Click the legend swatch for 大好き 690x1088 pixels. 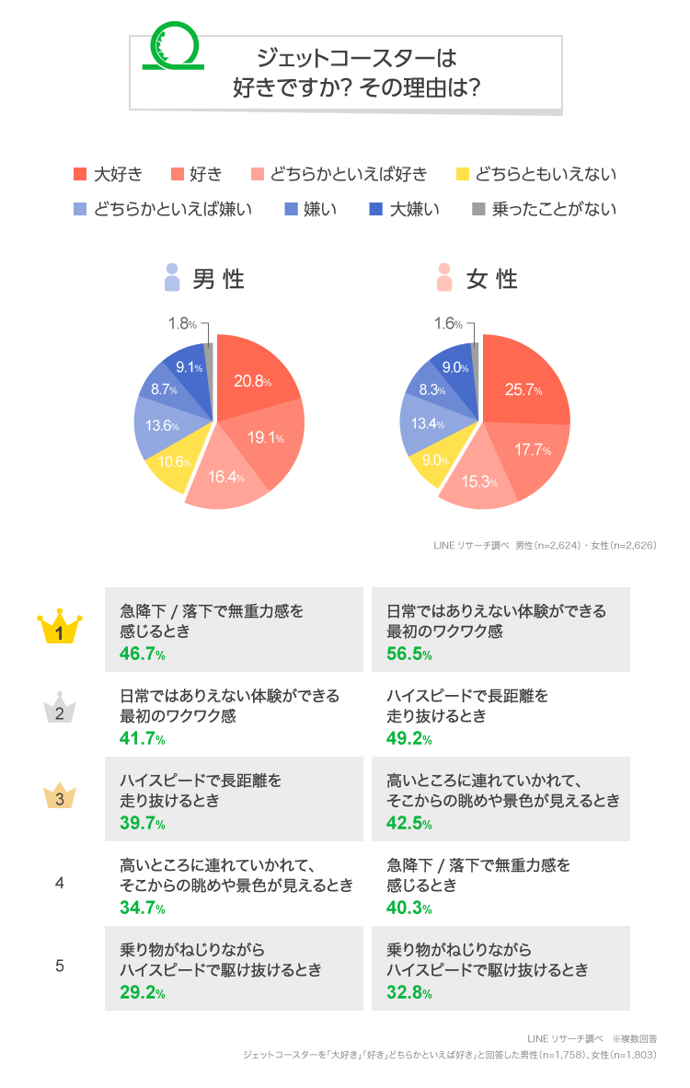click(x=80, y=174)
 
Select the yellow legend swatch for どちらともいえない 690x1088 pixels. click(x=463, y=174)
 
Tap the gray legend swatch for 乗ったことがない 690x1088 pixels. click(x=477, y=209)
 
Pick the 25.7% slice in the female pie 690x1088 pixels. click(x=523, y=389)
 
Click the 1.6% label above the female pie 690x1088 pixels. click(x=447, y=323)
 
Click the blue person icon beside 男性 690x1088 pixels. click(x=171, y=278)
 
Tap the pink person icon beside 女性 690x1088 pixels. click(x=444, y=278)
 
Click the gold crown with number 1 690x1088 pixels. click(x=60, y=629)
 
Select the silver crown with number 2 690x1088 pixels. click(x=60, y=712)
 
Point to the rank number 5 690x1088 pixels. click(x=60, y=966)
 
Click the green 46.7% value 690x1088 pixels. click(x=143, y=654)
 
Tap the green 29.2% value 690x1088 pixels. click(x=143, y=993)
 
